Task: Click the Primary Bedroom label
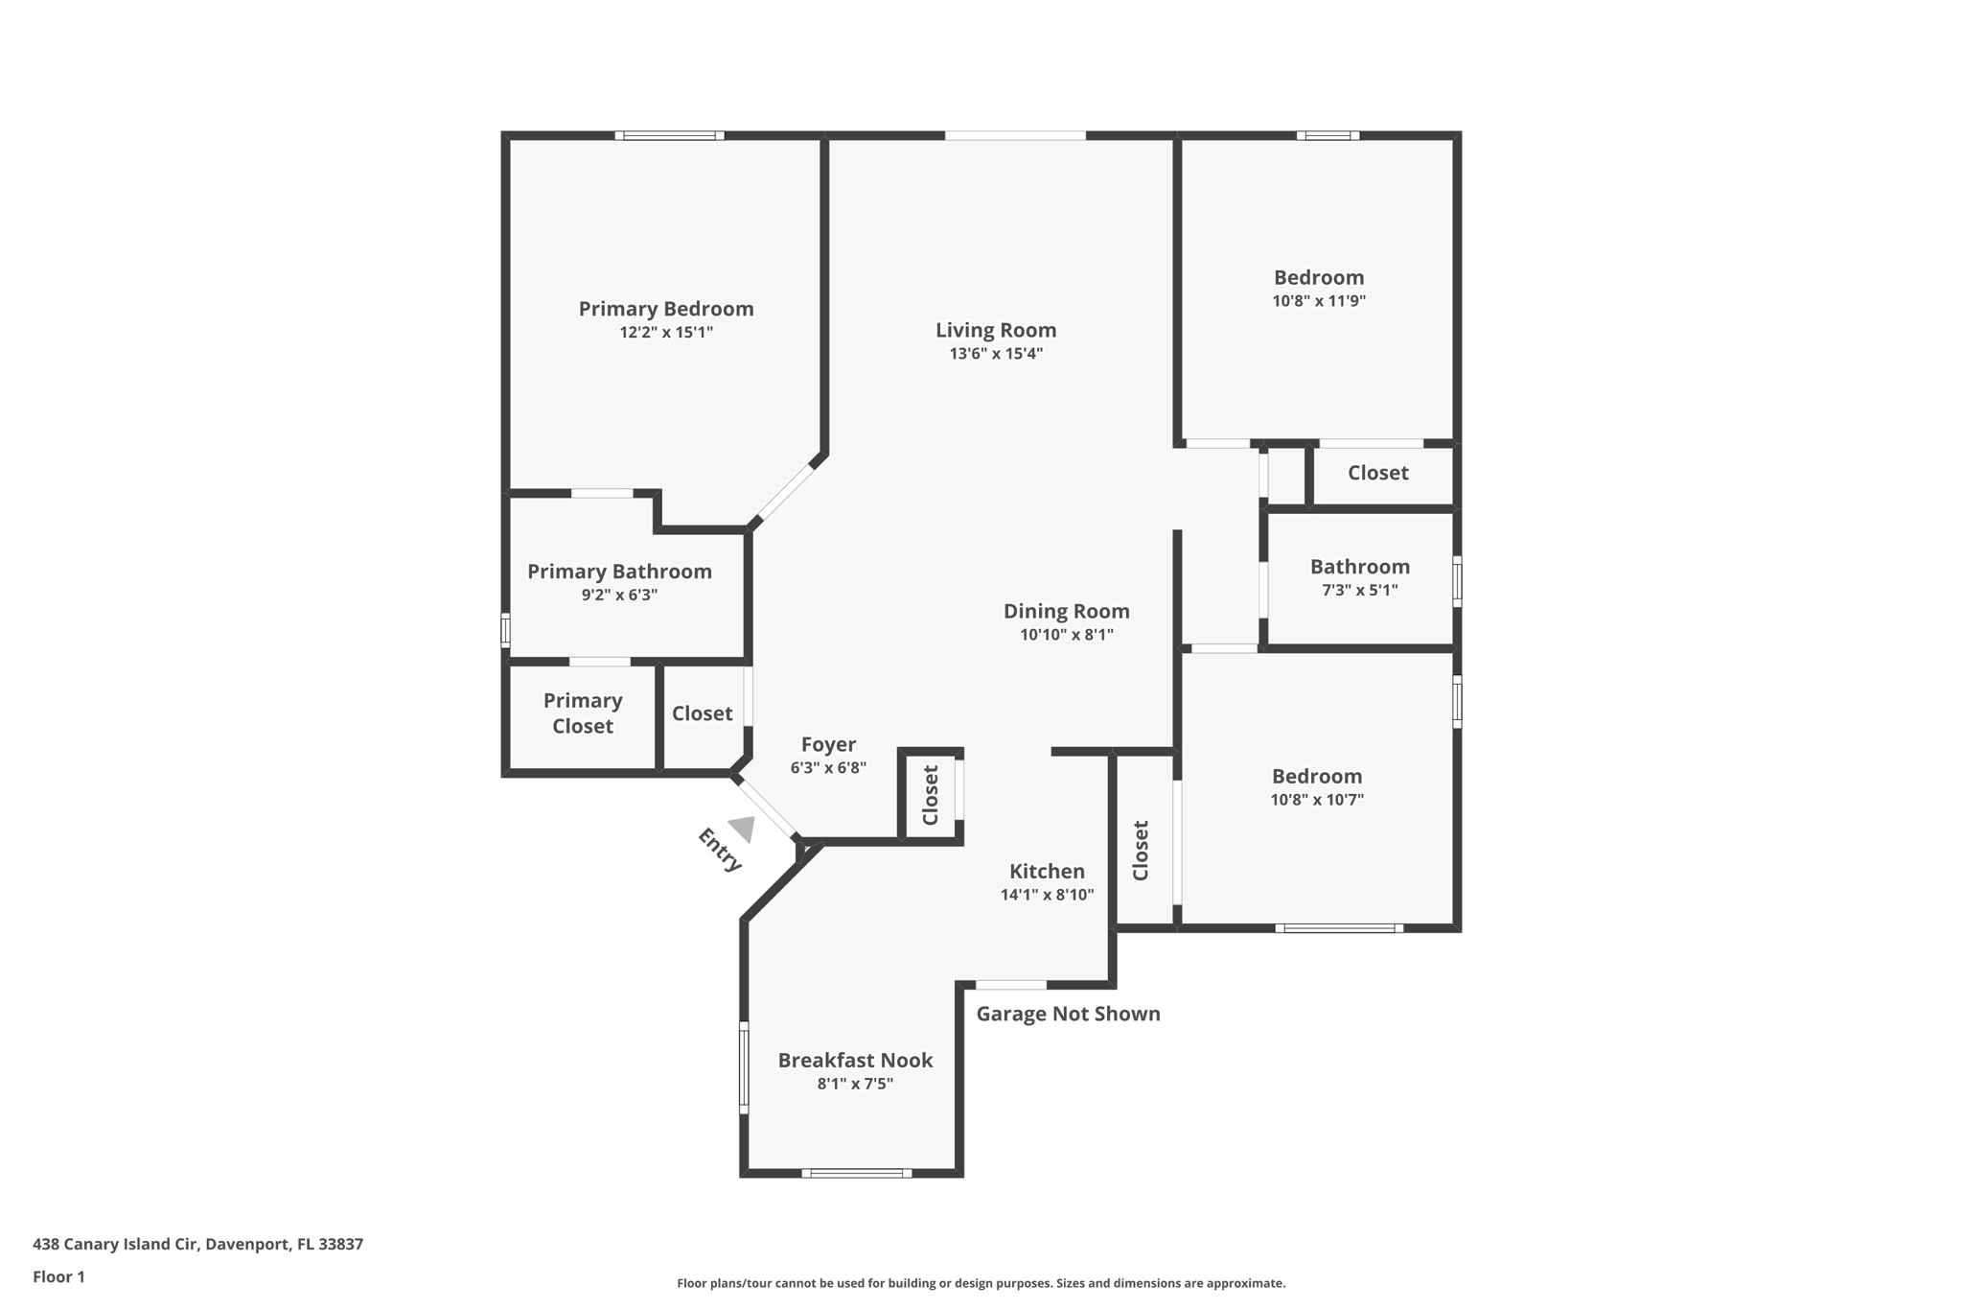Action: pyautogui.click(x=665, y=309)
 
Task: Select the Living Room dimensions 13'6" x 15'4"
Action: pyautogui.click(x=996, y=354)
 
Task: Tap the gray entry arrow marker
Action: pyautogui.click(x=743, y=828)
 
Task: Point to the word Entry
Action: pyautogui.click(x=720, y=850)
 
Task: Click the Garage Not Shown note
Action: pyautogui.click(x=1068, y=1014)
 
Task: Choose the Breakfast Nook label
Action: pyautogui.click(x=855, y=1060)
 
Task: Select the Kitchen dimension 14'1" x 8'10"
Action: pyautogui.click(x=1047, y=895)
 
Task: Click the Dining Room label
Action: pyautogui.click(x=1066, y=611)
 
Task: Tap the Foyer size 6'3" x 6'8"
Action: pyautogui.click(x=828, y=768)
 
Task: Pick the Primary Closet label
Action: pyautogui.click(x=583, y=713)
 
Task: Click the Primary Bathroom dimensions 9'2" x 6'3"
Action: pyautogui.click(x=619, y=595)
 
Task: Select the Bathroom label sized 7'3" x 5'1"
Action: pyautogui.click(x=1359, y=567)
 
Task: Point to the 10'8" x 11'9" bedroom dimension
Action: pyautogui.click(x=1318, y=301)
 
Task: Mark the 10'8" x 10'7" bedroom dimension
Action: pyautogui.click(x=1316, y=800)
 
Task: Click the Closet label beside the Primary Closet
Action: pyautogui.click(x=702, y=713)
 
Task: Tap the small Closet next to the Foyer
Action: pyautogui.click(x=930, y=795)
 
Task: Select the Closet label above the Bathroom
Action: pyautogui.click(x=1377, y=473)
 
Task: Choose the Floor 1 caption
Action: pyautogui.click(x=58, y=1276)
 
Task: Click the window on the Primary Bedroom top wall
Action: pyautogui.click(x=669, y=136)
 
